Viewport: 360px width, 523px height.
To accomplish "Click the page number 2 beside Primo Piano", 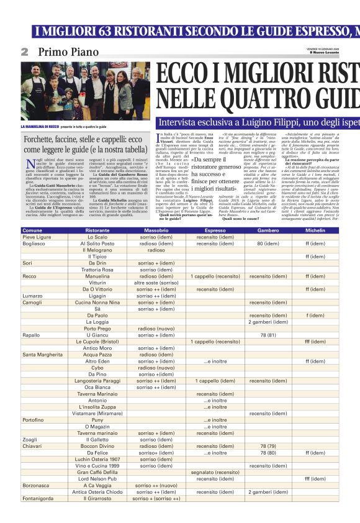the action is pyautogui.click(x=24, y=52).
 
